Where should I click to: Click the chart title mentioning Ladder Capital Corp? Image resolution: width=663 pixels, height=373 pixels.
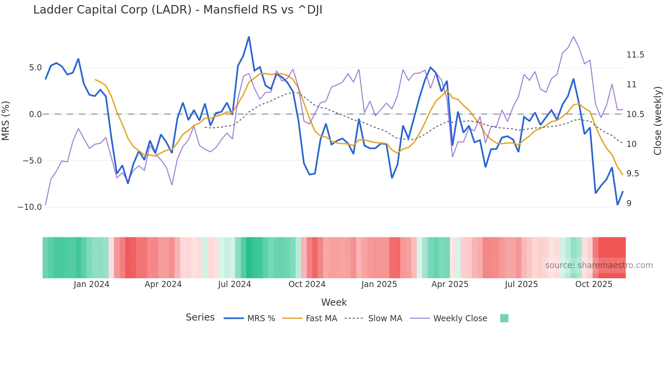point(178,10)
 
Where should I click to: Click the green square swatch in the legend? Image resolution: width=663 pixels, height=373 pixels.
point(504,318)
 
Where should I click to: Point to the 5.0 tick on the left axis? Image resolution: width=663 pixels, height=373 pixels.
point(35,68)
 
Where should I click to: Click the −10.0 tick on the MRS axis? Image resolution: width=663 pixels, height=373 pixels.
point(30,207)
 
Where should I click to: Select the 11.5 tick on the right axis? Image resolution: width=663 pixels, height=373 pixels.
point(635,55)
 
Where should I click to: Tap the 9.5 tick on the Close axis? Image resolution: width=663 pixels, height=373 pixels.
point(633,174)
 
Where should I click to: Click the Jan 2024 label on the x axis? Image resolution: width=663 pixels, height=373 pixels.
point(91,284)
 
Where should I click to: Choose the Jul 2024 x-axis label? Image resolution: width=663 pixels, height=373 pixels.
point(234,284)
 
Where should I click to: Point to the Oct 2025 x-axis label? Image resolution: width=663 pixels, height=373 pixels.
point(594,284)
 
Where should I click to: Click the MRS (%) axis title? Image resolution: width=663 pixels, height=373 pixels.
point(6,120)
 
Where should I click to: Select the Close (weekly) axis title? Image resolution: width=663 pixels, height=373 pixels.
point(657,120)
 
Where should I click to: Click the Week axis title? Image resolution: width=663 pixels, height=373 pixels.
point(334,302)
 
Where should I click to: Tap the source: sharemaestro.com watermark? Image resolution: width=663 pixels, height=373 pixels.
point(599,265)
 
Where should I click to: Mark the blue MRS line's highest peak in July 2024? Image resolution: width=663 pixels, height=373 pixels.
point(249,37)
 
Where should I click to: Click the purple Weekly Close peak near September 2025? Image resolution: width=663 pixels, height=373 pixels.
point(573,37)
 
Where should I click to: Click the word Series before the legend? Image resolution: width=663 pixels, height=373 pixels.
point(200,317)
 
